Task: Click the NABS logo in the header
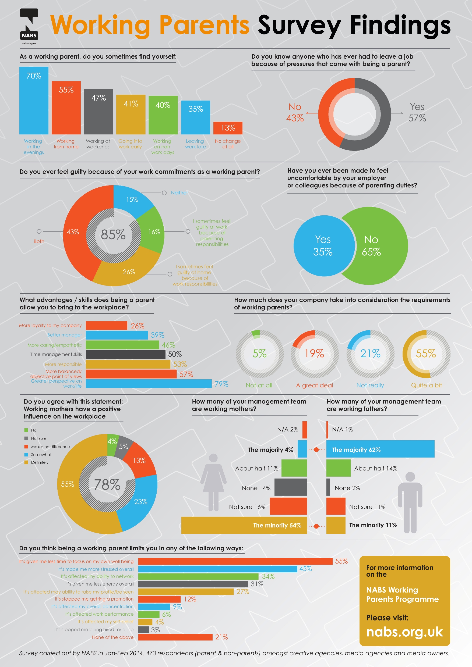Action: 29,26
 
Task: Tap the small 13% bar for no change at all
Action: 228,128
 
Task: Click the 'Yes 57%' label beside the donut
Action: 417,112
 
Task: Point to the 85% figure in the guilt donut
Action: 113,235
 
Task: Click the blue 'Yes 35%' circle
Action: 323,246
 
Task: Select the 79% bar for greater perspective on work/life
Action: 149,383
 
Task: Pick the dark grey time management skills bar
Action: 125,354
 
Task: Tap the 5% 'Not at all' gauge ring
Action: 259,354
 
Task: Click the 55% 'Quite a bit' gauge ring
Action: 426,354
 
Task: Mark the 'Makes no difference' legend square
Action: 26,447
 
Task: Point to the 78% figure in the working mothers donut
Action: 107,484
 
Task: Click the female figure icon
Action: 213,482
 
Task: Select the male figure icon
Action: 410,502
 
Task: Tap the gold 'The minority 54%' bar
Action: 244,525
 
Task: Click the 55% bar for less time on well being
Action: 235,561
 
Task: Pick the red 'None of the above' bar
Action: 175,637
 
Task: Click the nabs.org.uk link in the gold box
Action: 404,632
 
